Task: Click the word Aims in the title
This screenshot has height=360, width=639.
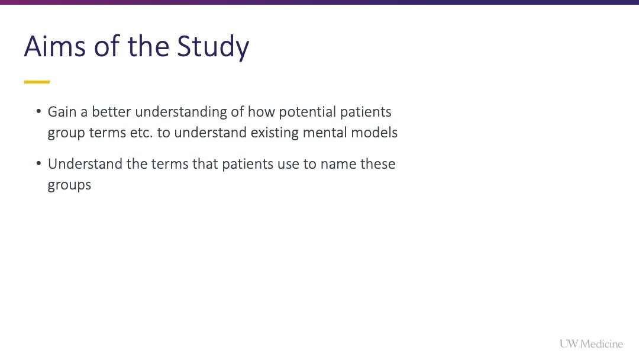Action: tap(55, 46)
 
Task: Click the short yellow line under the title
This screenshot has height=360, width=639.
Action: tap(37, 82)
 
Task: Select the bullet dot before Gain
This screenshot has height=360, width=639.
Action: tap(38, 111)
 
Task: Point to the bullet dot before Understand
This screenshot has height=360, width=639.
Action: tap(38, 163)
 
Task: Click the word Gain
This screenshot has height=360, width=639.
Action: tap(62, 112)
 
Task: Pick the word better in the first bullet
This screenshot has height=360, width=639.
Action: tap(111, 112)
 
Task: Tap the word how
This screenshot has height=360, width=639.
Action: tap(262, 112)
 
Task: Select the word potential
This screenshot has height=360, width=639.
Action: tap(307, 112)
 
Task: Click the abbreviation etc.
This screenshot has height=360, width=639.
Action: tap(141, 133)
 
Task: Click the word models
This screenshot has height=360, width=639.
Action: tap(374, 133)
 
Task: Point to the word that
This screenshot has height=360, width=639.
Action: tap(205, 164)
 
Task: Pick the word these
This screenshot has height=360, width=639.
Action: tap(377, 164)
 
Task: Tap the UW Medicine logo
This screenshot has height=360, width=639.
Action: tap(591, 344)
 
